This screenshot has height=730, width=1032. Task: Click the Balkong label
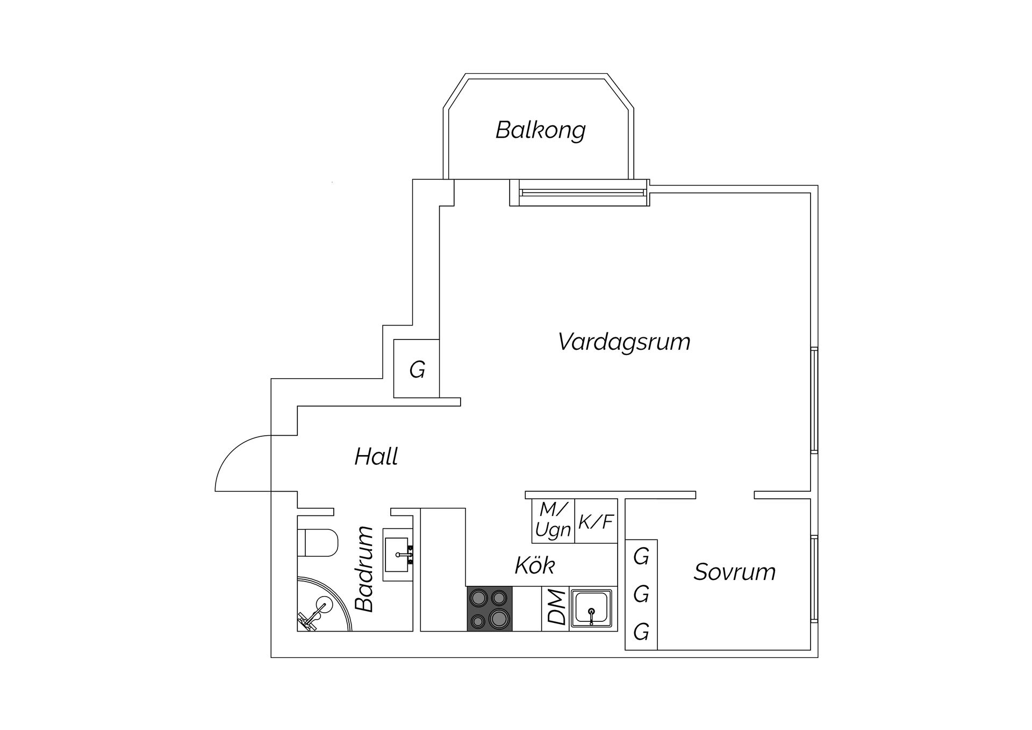(540, 130)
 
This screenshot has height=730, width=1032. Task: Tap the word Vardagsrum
(623, 342)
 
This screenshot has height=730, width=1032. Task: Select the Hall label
(376, 457)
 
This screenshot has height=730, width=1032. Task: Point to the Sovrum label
(734, 572)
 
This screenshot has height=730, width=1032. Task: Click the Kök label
(534, 565)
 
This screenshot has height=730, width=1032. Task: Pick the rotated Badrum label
(365, 569)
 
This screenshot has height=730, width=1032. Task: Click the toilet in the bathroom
(318, 542)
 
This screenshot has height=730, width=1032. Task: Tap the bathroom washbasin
(398, 554)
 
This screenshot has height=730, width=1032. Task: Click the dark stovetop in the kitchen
(489, 608)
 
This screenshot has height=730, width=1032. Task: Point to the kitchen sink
(591, 608)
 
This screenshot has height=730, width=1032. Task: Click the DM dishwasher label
(556, 608)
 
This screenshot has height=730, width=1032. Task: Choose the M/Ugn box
(553, 521)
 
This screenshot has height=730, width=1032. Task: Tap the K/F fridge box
(596, 521)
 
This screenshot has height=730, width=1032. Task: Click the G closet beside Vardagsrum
(417, 370)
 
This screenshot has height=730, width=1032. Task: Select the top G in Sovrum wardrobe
(641, 557)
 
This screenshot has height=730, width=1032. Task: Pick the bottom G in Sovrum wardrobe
(641, 632)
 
